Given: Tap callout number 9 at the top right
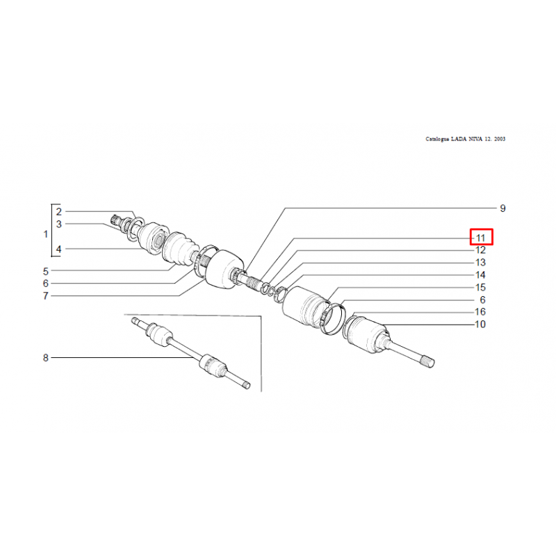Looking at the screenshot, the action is (x=502, y=208).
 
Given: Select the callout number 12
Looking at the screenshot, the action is (x=480, y=250).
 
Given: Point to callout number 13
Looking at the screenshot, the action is (x=480, y=263).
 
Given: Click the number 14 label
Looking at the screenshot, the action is (x=480, y=275).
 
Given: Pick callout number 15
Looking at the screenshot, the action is (x=480, y=287).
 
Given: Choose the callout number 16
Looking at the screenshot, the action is (x=480, y=311).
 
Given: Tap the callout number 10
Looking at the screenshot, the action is (x=480, y=324).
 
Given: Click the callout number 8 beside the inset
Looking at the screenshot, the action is (x=45, y=358).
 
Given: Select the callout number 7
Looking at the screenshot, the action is (x=45, y=296).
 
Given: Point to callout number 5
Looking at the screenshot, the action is (x=45, y=272).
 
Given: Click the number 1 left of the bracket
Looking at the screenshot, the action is (x=45, y=234).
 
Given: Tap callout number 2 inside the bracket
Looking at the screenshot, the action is (x=59, y=212).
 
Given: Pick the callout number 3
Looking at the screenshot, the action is (x=59, y=224).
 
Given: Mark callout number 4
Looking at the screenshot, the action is (x=59, y=250).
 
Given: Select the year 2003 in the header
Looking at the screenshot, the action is (x=500, y=139).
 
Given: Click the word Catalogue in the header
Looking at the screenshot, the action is (x=438, y=139).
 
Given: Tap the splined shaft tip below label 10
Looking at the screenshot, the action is (x=430, y=361).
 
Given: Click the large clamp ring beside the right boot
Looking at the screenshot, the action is (x=333, y=318).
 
